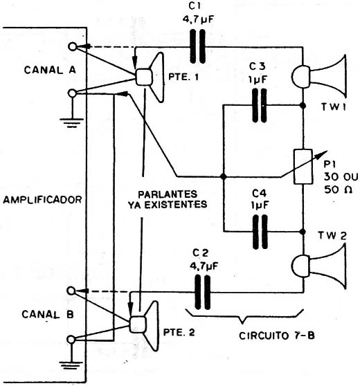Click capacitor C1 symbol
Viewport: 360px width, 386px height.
pos(198,46)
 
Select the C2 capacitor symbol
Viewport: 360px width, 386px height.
pos(203,292)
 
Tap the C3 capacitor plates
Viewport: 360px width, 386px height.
pos(260,105)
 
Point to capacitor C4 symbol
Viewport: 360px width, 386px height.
pos(260,232)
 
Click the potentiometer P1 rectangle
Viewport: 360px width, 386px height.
pos(303,167)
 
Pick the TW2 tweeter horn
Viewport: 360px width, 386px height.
pos(319,266)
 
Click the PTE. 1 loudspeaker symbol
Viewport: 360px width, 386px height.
pos(150,77)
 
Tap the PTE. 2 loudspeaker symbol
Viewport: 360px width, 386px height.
pos(144,325)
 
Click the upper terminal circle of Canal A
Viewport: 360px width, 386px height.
pos(73,46)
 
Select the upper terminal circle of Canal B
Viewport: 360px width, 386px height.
pos(71,291)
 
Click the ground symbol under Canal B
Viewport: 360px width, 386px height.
pos(71,365)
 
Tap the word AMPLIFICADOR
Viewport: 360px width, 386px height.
pos(42,199)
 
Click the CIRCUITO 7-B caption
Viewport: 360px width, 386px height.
pos(277,336)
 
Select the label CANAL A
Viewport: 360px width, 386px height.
pos(50,70)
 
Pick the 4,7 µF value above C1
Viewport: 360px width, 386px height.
pos(197,19)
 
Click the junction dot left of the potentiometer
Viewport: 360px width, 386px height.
pos(224,176)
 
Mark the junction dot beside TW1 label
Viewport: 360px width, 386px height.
pos(303,106)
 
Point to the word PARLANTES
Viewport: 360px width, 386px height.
pos(168,194)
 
